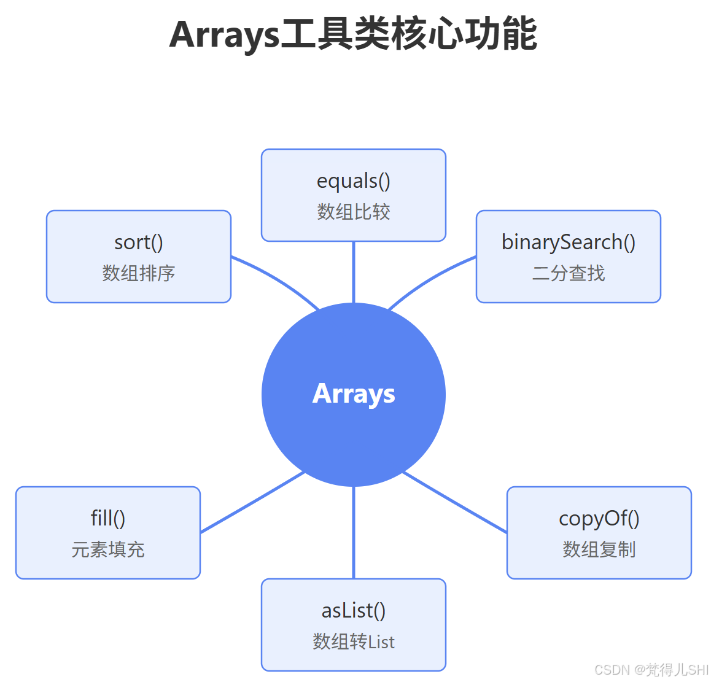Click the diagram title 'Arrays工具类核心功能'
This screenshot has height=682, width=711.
353,34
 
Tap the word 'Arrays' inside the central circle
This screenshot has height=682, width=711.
354,394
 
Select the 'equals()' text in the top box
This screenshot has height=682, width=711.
354,181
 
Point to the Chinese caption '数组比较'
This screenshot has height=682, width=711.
354,212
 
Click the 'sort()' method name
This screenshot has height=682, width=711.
139,242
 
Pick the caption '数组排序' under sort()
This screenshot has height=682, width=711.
139,273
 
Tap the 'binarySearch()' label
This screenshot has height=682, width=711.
569,242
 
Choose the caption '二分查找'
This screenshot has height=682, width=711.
569,273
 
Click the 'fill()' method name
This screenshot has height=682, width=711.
108,519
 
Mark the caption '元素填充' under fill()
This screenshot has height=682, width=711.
108,549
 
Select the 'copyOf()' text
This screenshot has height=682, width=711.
599,519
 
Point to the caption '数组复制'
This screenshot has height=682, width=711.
599,549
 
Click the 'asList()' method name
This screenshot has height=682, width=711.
354,611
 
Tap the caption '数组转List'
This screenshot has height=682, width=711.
354,641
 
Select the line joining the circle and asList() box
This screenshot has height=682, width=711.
354,532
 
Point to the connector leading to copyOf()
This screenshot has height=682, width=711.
454,502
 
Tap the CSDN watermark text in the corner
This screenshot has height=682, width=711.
651,670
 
